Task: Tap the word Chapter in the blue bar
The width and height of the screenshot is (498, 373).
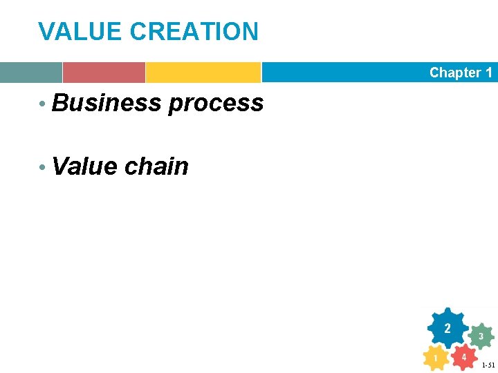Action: (x=455, y=73)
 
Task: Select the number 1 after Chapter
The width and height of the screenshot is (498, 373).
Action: (x=489, y=73)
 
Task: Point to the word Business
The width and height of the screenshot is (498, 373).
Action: (x=107, y=103)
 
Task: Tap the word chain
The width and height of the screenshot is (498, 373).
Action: (x=156, y=166)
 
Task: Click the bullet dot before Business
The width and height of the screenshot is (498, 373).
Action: (x=43, y=104)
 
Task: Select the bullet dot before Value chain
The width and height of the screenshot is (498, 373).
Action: (x=43, y=168)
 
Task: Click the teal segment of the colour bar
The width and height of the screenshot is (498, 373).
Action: (x=30, y=73)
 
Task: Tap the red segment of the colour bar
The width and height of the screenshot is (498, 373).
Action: (x=104, y=73)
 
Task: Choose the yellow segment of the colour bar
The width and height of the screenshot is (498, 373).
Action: (x=203, y=73)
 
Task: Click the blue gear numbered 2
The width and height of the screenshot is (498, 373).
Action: (x=448, y=327)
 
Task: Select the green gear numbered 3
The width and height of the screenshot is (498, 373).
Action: (x=481, y=336)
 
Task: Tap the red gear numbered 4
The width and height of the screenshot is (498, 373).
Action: (x=464, y=356)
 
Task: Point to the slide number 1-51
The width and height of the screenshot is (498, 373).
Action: (x=488, y=365)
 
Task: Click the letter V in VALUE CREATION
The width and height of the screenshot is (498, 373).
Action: (x=46, y=31)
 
